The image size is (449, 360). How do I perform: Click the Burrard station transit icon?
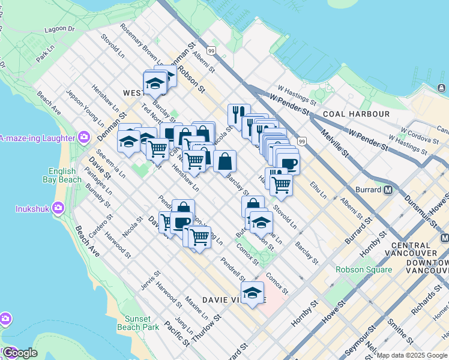point(388,190)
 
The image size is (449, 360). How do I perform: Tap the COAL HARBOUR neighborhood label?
point(356,113)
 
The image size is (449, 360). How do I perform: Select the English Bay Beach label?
point(62,175)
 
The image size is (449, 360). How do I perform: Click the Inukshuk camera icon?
point(58,209)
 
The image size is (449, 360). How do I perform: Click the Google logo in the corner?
point(20,353)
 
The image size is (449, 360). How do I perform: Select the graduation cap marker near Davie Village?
point(253,293)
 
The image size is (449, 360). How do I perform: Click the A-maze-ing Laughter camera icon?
point(83,137)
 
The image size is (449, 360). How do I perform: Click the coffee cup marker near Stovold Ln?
point(288,163)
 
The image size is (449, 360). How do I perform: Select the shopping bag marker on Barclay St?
point(224,161)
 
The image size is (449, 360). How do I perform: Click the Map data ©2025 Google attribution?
point(412,356)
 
